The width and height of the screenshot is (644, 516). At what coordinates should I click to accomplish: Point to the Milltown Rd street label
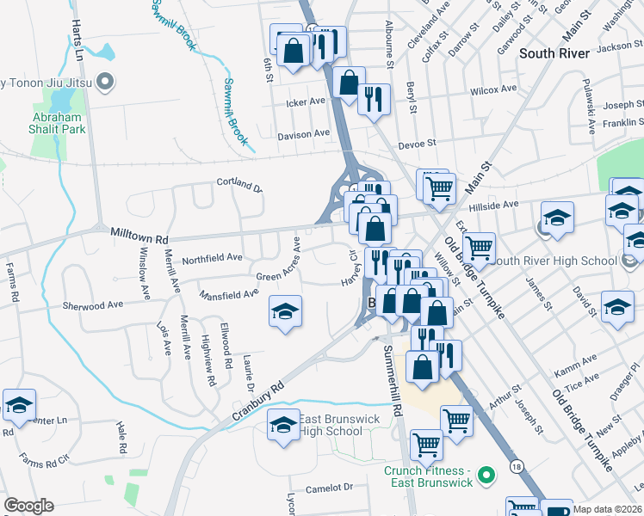pyautogui.click(x=139, y=233)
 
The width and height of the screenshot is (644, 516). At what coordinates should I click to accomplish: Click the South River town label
pyautogui.click(x=554, y=53)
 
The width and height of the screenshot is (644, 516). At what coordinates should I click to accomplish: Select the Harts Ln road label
pyautogui.click(x=78, y=40)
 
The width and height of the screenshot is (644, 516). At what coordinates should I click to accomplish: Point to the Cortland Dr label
pyautogui.click(x=238, y=184)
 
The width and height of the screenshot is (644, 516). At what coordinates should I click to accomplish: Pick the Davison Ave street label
pyautogui.click(x=303, y=134)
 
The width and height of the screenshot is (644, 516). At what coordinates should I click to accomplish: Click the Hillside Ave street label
pyautogui.click(x=493, y=206)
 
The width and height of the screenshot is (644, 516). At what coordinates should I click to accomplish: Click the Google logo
pyautogui.click(x=28, y=506)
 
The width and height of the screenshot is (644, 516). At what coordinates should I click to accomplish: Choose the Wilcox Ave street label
pyautogui.click(x=492, y=89)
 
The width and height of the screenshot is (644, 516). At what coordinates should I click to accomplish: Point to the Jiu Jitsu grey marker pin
pyautogui.click(x=106, y=83)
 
